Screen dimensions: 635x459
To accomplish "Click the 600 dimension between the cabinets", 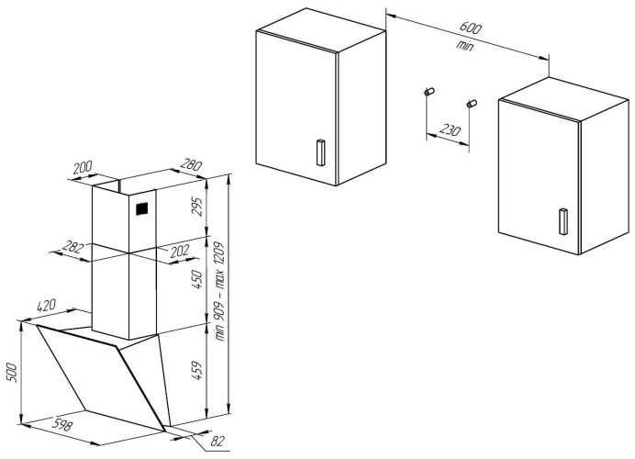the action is (x=471, y=28).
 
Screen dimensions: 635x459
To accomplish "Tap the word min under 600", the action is (x=465, y=45).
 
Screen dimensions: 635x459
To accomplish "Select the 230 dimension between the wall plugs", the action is (x=450, y=130).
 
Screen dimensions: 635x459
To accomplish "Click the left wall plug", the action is (x=429, y=92).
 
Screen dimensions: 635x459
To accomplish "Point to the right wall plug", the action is (x=473, y=104).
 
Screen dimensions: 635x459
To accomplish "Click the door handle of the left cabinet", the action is (x=320, y=152).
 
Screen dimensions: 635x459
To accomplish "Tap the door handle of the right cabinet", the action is (x=563, y=221).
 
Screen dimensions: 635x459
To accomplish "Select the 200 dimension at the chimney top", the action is (x=83, y=167).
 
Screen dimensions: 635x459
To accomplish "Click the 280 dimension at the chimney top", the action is (x=191, y=164).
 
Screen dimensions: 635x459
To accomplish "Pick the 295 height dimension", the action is (x=197, y=207).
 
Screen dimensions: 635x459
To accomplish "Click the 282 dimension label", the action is (x=72, y=247).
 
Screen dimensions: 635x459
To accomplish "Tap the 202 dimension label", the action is (x=179, y=252).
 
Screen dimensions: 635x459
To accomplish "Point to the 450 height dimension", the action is (x=196, y=279).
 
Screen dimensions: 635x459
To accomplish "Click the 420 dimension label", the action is (x=46, y=305).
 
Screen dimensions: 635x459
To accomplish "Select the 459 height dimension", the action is (x=196, y=370).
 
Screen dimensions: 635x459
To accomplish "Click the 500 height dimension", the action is (x=12, y=372).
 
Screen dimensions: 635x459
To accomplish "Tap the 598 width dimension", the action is (x=63, y=424).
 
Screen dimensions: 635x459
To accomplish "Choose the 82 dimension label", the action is (x=217, y=441).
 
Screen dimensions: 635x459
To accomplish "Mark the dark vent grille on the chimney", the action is (x=141, y=208).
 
